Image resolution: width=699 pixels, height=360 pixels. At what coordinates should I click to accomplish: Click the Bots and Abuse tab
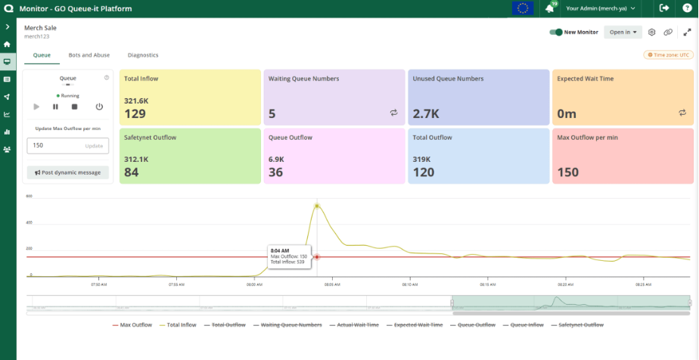89,55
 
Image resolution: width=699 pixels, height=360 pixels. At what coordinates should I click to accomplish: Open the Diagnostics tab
143,55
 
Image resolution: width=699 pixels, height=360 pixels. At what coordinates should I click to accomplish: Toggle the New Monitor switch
556,33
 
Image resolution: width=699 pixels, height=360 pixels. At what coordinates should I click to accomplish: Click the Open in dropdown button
623,33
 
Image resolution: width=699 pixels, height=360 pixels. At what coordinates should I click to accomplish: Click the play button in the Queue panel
36,107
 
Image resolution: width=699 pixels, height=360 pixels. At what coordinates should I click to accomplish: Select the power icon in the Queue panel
98,107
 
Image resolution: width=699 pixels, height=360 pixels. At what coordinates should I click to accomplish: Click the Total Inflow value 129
135,114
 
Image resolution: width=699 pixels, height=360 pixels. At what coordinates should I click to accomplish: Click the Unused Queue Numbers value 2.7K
425,114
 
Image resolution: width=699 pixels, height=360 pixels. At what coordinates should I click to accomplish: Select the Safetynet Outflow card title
150,138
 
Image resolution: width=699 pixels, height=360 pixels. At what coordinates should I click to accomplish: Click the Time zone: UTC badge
668,55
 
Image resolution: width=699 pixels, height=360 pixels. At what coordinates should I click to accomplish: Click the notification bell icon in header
549,8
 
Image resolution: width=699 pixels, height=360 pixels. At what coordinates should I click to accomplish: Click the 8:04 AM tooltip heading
279,250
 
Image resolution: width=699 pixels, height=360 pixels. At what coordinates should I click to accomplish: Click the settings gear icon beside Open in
651,33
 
